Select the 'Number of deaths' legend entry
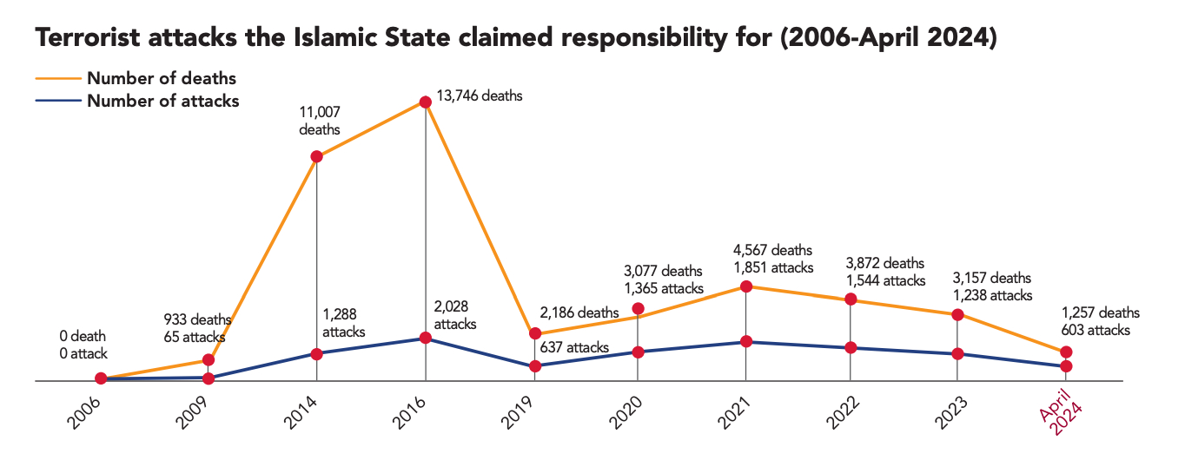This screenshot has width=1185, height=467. (x=162, y=79)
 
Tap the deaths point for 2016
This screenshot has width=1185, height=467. (x=425, y=102)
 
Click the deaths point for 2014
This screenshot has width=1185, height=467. (x=316, y=156)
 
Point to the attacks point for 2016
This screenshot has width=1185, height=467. (x=425, y=338)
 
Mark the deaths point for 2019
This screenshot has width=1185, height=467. (x=534, y=333)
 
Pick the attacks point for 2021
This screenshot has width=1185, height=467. (x=745, y=342)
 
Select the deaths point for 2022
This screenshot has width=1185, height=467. (x=851, y=299)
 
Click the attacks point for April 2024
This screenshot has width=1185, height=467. (x=1066, y=366)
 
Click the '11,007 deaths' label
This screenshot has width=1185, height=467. (x=319, y=122)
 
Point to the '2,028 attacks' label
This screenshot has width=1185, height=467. (x=456, y=316)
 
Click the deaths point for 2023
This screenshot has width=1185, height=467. (x=957, y=314)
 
